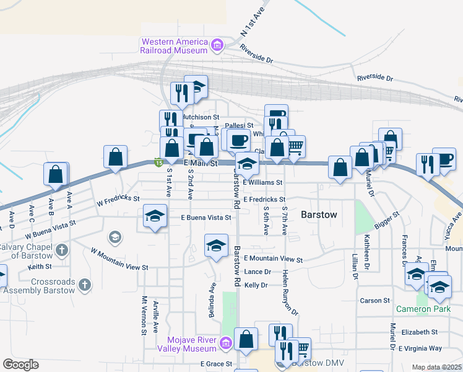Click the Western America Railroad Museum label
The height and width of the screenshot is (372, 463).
click(174, 46)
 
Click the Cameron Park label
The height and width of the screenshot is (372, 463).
click(423, 308)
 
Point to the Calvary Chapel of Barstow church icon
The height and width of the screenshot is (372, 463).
click(61, 250)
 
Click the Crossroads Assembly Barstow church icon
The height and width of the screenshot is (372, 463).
click(84, 286)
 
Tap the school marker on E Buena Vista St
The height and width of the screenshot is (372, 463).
click(155, 216)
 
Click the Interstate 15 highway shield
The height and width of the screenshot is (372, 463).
click(159, 162)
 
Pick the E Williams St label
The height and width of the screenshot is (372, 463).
click(262, 183)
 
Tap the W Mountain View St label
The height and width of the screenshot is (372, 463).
click(119, 260)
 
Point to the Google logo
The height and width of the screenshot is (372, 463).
click(20, 365)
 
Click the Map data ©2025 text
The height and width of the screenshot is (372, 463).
click(436, 367)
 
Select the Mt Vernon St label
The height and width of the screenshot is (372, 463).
click(144, 315)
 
